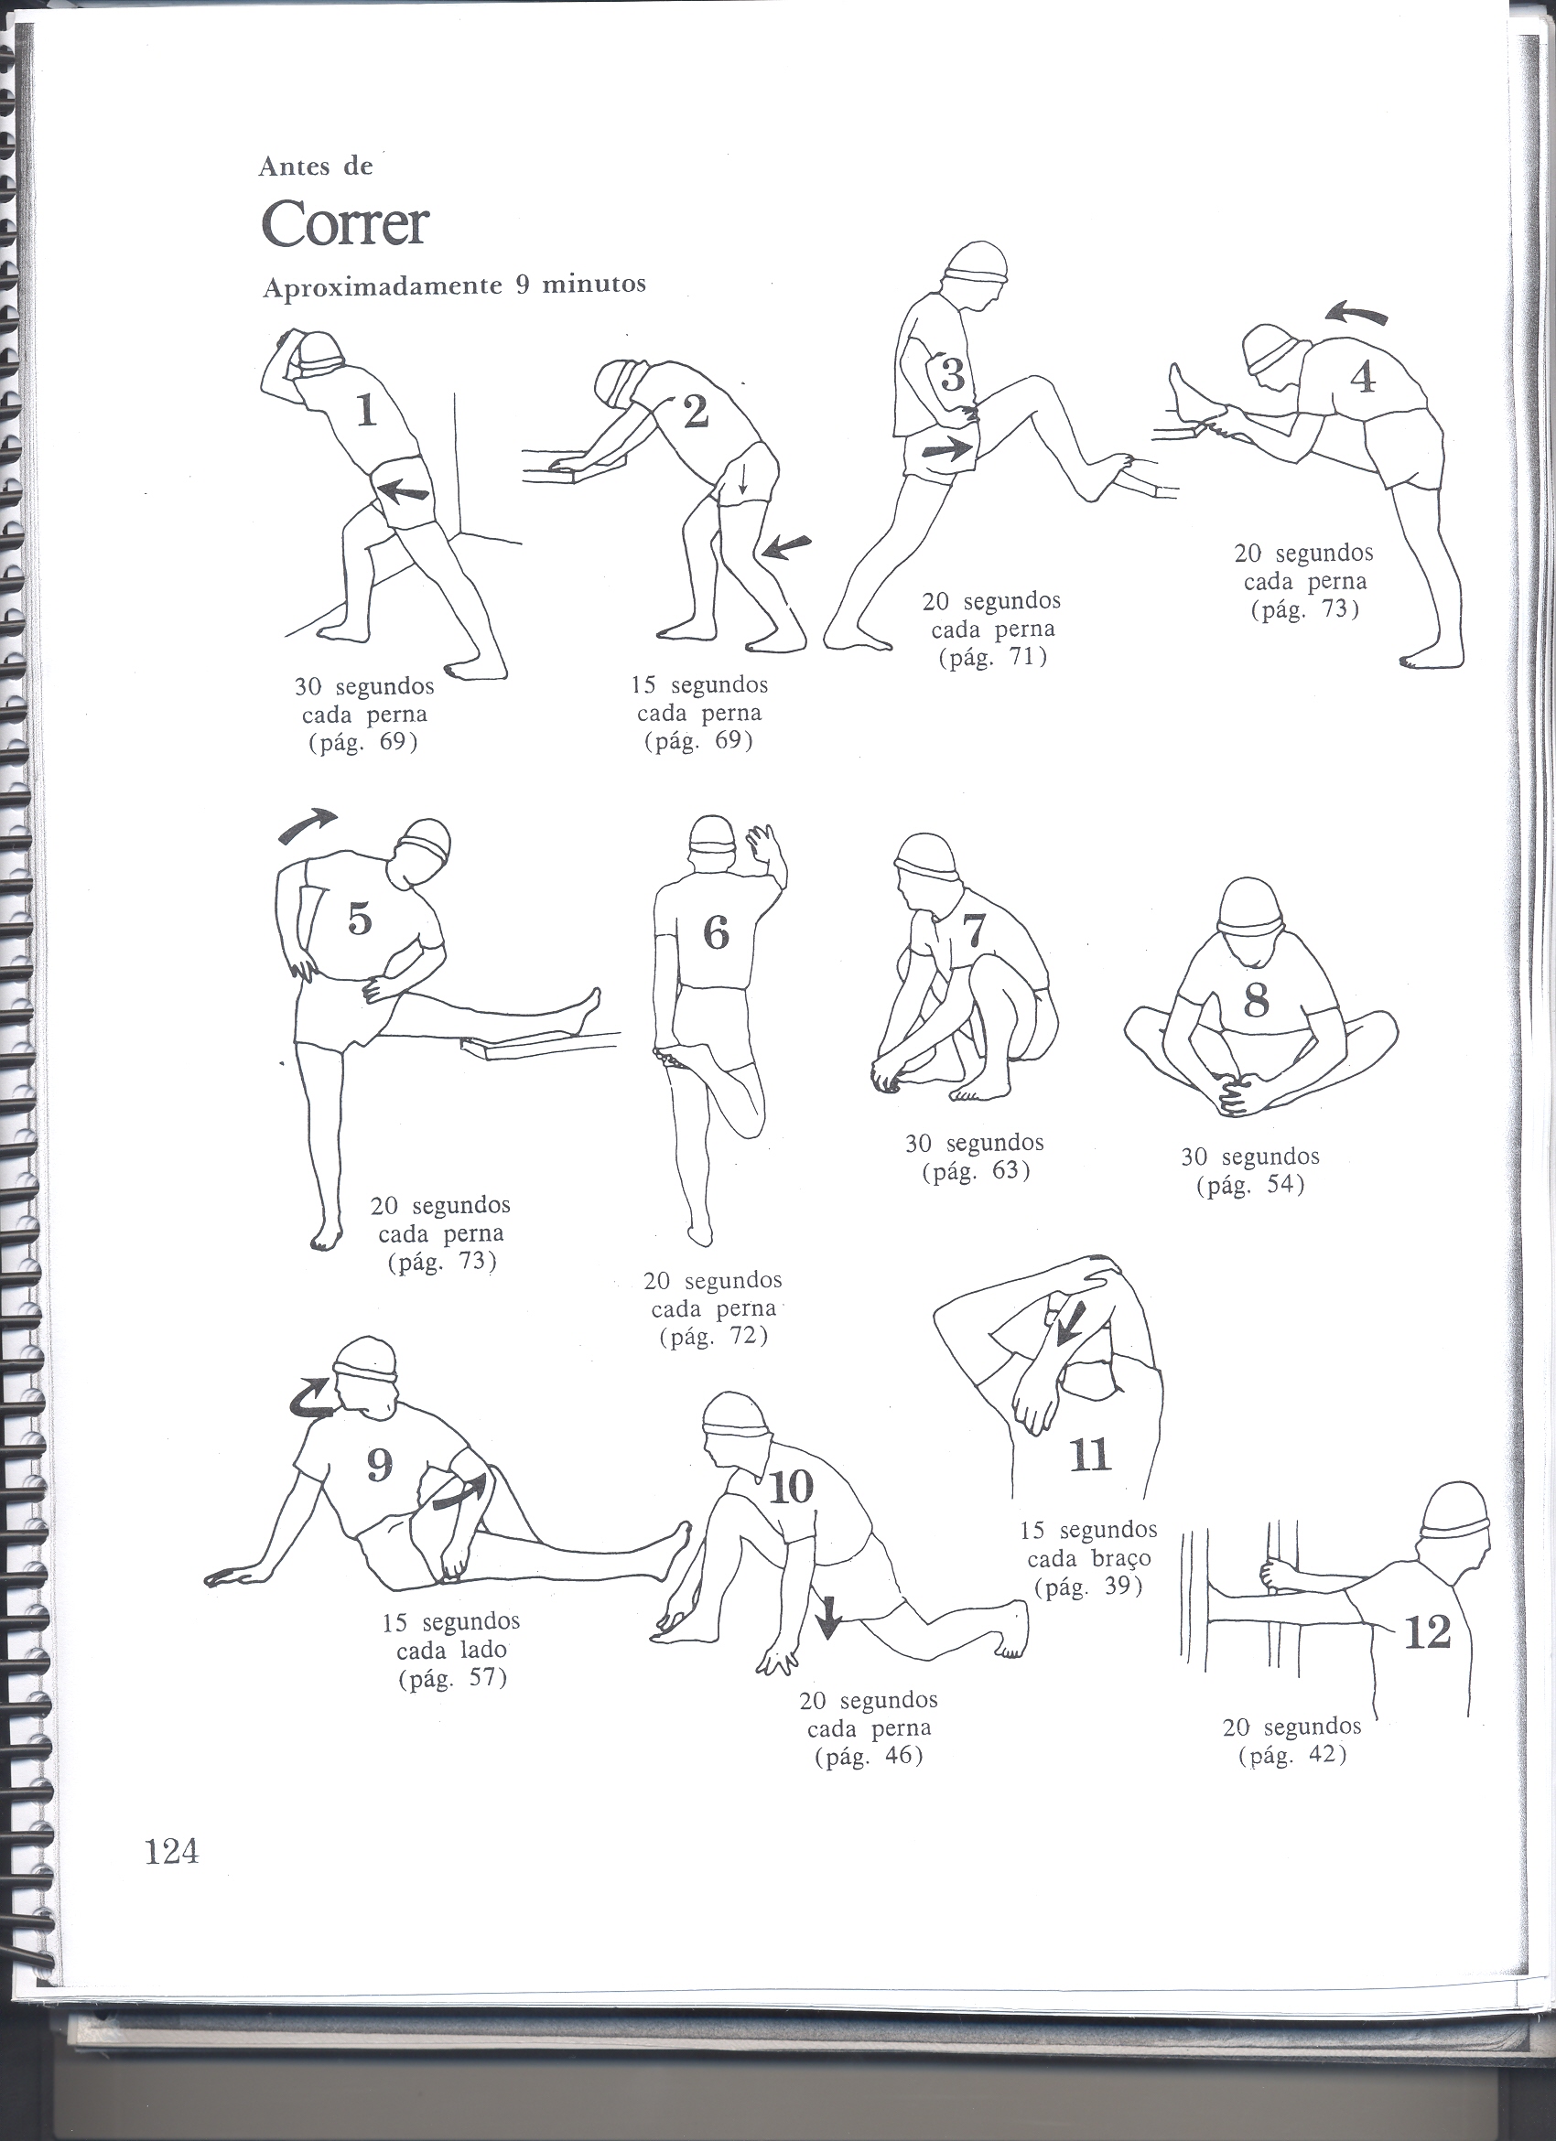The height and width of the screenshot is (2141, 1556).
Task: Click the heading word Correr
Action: click(345, 224)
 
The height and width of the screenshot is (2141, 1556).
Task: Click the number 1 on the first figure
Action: click(366, 411)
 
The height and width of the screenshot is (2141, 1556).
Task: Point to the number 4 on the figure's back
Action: click(1363, 377)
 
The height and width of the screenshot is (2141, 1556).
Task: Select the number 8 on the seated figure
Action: click(1256, 1002)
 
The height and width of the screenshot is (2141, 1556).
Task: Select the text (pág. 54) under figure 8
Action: click(1250, 1187)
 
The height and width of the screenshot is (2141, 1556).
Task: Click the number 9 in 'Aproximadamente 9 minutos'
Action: click(523, 285)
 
